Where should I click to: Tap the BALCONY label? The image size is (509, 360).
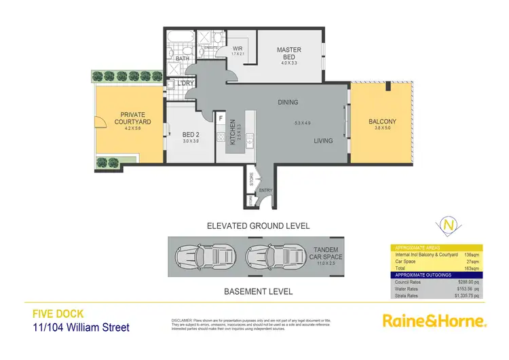(382, 122)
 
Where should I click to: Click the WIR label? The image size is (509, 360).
(238, 49)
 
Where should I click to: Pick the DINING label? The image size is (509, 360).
(288, 103)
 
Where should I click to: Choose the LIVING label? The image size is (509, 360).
(323, 141)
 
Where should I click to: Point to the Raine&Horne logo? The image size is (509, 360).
(434, 320)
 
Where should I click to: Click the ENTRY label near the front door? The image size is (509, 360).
(265, 190)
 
